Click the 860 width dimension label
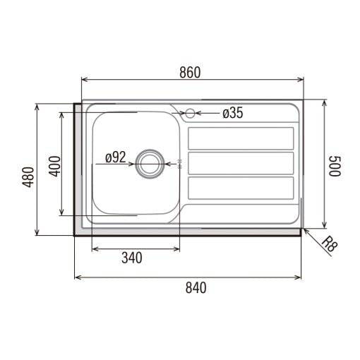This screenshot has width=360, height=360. point(190,72)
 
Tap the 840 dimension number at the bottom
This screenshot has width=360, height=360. point(196,288)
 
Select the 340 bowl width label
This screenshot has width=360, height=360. point(132,258)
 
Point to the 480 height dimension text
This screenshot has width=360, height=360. point(28,177)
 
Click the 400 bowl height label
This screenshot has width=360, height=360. point(54,166)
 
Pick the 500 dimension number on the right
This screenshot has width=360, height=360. point(335,166)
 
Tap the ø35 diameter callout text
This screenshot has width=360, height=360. point(233,113)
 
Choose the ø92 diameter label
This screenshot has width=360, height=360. point(116,157)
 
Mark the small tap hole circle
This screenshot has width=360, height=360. point(190,113)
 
